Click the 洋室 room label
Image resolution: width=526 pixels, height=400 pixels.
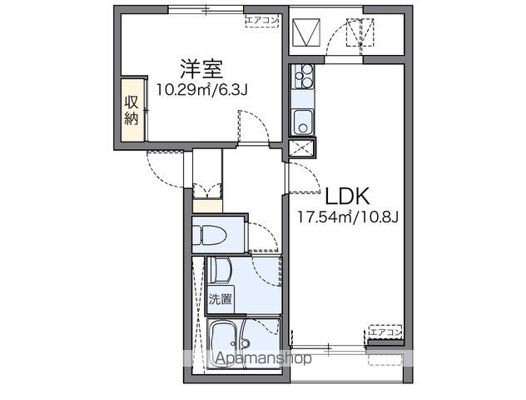(201, 69)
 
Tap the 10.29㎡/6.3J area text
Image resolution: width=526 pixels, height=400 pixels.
(202, 89)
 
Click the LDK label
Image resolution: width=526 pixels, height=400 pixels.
(348, 196)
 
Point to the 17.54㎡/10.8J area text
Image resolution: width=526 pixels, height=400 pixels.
(348, 217)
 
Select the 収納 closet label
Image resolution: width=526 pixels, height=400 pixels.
(131, 110)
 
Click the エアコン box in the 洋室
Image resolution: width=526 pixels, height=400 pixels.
(262, 21)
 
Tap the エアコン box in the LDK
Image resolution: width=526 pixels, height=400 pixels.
(385, 332)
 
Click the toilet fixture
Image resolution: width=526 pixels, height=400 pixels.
(208, 234)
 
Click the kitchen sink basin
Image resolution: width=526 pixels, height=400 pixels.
(303, 122)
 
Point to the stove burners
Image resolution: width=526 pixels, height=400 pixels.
(303, 76)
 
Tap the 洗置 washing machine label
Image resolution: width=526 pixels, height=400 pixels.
(221, 298)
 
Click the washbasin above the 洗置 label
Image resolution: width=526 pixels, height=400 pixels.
(220, 270)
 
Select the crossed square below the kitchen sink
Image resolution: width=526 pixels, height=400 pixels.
(301, 148)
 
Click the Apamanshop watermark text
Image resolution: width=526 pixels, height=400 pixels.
(264, 358)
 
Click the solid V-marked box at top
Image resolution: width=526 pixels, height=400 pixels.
(306, 32)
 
